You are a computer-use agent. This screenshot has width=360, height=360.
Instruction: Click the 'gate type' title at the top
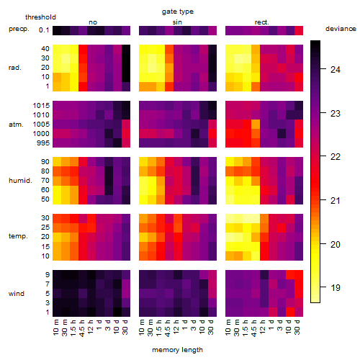pyautogui.click(x=178, y=12)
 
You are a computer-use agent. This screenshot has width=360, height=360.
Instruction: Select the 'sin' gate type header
pyautogui.click(x=177, y=22)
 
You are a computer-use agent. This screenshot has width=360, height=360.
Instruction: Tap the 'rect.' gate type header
pyautogui.click(x=261, y=22)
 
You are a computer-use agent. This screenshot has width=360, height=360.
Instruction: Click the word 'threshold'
pyautogui.click(x=40, y=17)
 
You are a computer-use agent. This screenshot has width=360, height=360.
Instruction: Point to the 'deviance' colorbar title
pyautogui.click(x=341, y=29)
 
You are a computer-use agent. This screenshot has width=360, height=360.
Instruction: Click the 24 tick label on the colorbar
pyautogui.click(x=336, y=70)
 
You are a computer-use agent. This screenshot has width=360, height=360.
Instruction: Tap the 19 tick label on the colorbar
pyautogui.click(x=336, y=287)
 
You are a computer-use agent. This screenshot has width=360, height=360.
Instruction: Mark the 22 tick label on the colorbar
pyautogui.click(x=336, y=157)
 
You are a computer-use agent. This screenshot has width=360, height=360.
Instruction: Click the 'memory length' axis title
pyautogui.click(x=177, y=350)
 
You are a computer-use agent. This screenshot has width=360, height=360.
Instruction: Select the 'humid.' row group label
pyautogui.click(x=20, y=181)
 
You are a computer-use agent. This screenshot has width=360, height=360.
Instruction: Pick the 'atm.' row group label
pyautogui.click(x=16, y=125)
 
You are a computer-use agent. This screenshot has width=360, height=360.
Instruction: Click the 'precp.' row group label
pyautogui.click(x=19, y=29)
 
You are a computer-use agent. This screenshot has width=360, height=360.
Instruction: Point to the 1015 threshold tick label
pyautogui.click(x=41, y=105)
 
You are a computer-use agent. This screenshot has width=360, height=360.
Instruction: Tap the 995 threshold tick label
pyautogui.click(x=43, y=143)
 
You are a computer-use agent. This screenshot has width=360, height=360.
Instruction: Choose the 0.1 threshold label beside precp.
pyautogui.click(x=44, y=30)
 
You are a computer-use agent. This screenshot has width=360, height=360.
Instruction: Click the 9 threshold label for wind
pyautogui.click(x=48, y=274)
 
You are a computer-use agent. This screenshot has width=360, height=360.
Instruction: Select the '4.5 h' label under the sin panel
pyautogui.click(x=168, y=328)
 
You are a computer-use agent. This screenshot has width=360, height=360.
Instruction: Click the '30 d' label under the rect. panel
pyautogui.click(x=297, y=327)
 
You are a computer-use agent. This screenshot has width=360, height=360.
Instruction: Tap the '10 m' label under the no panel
pyautogui.click(x=55, y=328)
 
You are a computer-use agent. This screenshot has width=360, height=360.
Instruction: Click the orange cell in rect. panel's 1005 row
pyautogui.click(x=256, y=125)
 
